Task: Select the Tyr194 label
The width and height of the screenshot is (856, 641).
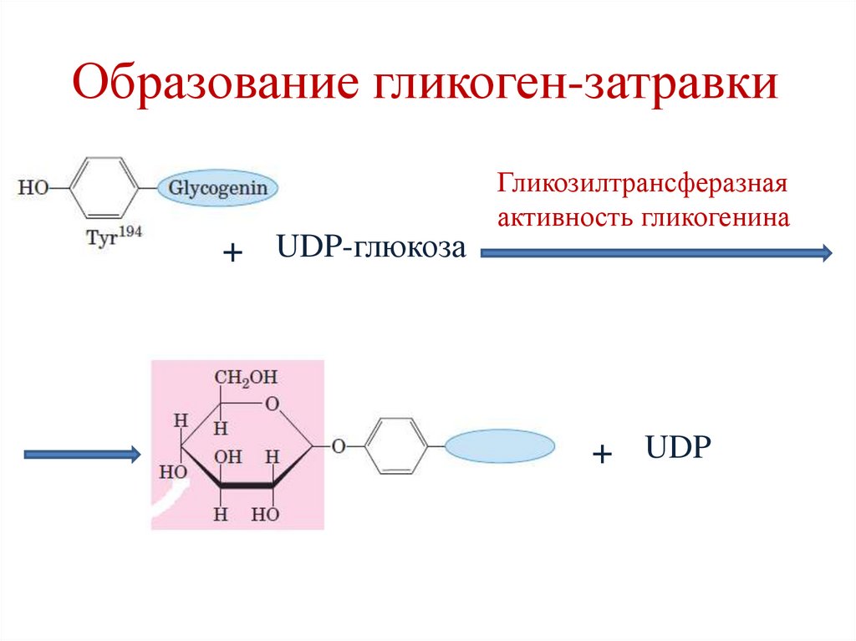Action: point(115,233)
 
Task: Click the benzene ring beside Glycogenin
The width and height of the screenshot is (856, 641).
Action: point(104,189)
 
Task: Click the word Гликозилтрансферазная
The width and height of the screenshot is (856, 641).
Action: point(644,183)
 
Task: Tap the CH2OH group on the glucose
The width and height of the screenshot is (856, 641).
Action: point(246,378)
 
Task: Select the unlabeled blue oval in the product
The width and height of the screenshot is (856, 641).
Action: point(500,447)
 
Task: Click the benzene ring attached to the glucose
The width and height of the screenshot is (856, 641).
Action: point(397,447)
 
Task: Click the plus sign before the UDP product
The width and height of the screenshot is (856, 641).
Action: point(602,455)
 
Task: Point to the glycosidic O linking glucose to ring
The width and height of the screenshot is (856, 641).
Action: point(339,447)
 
